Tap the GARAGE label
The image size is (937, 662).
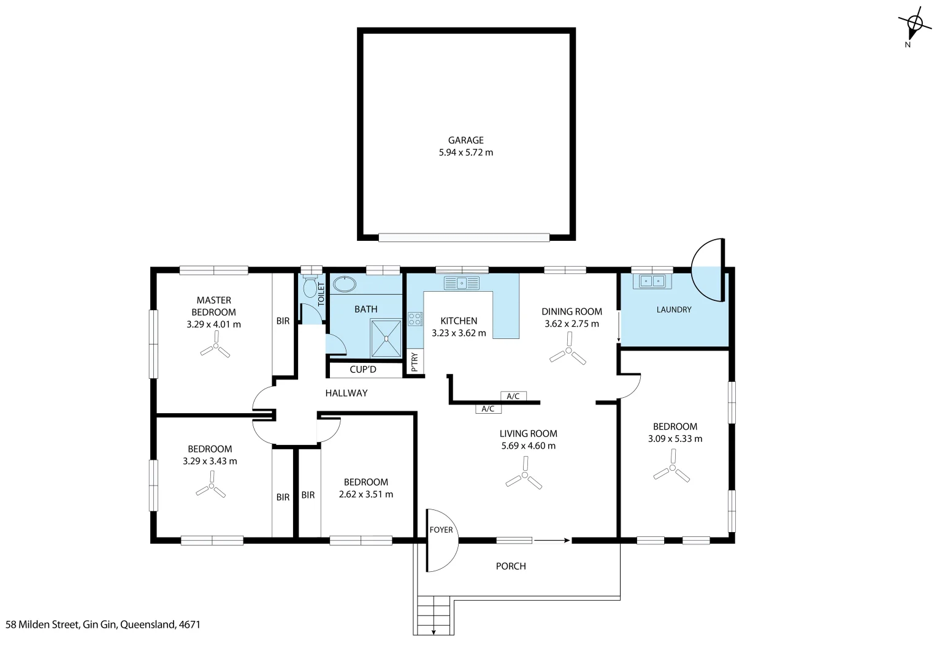[465, 140]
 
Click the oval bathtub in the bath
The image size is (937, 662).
[344, 284]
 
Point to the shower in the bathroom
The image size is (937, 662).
[386, 338]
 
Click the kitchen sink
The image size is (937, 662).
[462, 283]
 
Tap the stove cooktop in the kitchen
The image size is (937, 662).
[415, 319]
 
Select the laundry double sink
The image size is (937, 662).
[652, 281]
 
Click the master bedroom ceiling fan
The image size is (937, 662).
[215, 348]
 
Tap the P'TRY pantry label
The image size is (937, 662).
[415, 362]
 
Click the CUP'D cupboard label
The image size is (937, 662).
[363, 370]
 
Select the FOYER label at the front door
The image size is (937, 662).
[441, 530]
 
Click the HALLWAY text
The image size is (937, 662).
[346, 393]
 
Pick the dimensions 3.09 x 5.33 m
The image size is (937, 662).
[675, 439]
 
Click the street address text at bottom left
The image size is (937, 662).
[103, 625]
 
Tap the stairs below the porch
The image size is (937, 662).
[434, 615]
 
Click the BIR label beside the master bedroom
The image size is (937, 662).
[283, 321]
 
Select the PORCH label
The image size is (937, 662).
[511, 566]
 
